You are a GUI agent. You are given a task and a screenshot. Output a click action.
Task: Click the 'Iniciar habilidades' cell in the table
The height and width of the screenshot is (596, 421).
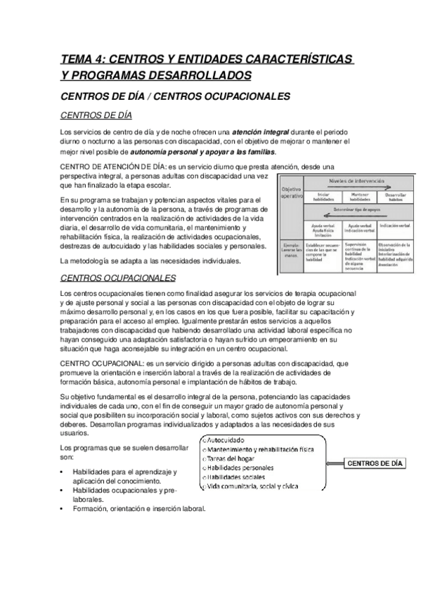point(323,197)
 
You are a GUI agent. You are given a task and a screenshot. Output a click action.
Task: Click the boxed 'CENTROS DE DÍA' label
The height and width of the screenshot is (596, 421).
point(376,463)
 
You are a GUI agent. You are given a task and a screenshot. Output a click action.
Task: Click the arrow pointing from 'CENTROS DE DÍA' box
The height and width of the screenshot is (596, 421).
point(335,463)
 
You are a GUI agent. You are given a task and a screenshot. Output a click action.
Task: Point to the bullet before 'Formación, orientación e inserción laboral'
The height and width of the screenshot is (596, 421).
point(64,509)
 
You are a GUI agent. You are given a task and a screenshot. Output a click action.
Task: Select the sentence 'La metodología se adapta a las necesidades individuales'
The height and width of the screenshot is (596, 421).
point(150,261)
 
